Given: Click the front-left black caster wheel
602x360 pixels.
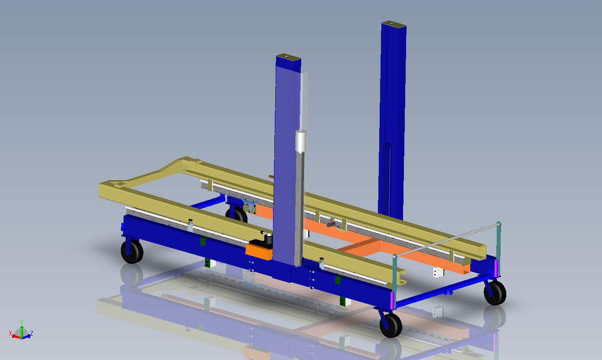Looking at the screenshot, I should pyautogui.click(x=132, y=252).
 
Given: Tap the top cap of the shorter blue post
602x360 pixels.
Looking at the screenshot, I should pyautogui.click(x=288, y=57).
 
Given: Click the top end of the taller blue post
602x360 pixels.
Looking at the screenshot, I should pyautogui.click(x=394, y=24).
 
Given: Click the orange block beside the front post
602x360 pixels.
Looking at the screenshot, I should pyautogui.click(x=259, y=251).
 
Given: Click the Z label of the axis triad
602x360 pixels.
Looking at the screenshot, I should pyautogui.click(x=32, y=333).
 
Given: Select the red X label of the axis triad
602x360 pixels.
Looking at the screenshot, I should pyautogui.click(x=10, y=333).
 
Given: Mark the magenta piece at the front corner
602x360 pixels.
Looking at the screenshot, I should pyautogui.click(x=393, y=300).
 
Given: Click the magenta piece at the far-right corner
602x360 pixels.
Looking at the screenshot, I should pyautogui.click(x=496, y=267).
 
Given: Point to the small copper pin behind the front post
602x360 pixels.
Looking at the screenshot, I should pyautogui.click(x=271, y=176).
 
